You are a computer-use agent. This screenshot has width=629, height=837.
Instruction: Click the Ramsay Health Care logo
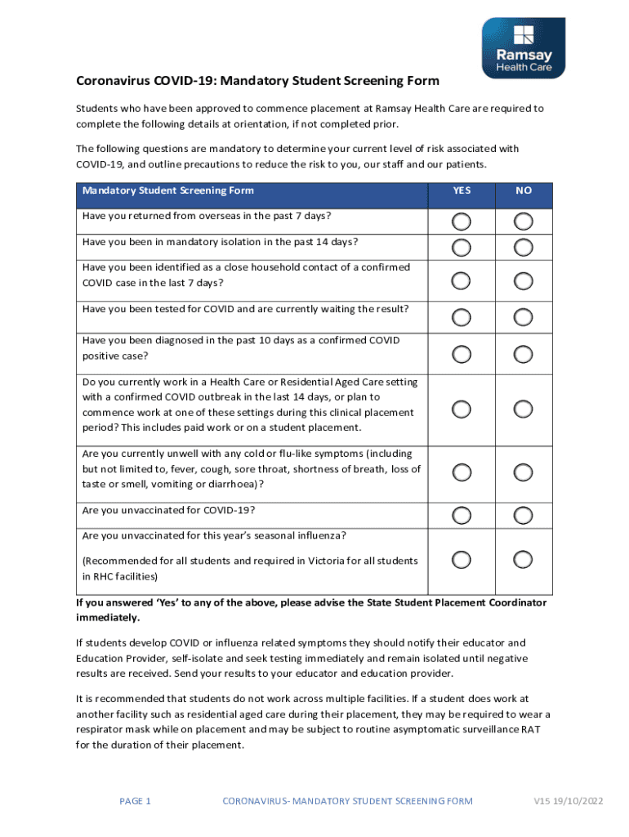tap(523, 48)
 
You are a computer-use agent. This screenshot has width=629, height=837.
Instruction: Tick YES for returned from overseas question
tap(462, 222)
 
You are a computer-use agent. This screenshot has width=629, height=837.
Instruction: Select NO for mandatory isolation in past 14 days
tap(524, 248)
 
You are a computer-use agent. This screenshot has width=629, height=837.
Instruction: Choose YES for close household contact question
tap(462, 280)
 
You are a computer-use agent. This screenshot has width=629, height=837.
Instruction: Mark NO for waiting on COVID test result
tap(524, 316)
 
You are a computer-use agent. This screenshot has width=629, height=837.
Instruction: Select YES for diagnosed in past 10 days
tap(462, 354)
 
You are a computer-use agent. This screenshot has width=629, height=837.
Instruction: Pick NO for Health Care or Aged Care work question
tap(524, 409)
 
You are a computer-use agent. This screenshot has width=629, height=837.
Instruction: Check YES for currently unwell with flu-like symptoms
tap(462, 472)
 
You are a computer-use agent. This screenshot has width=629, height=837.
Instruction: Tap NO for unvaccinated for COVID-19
tap(524, 515)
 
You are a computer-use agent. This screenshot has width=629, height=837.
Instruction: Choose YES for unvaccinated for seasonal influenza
tap(462, 559)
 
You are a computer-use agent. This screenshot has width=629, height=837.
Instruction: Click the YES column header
tap(462, 190)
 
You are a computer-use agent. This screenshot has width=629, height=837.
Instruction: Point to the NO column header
tap(524, 190)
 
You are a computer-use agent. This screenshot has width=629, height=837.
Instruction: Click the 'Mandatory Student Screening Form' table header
tap(167, 190)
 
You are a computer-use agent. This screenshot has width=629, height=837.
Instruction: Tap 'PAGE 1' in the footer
tap(135, 801)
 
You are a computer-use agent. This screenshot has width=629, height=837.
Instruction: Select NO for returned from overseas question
tap(524, 222)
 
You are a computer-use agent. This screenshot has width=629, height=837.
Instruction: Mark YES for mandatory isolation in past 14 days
tap(462, 248)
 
